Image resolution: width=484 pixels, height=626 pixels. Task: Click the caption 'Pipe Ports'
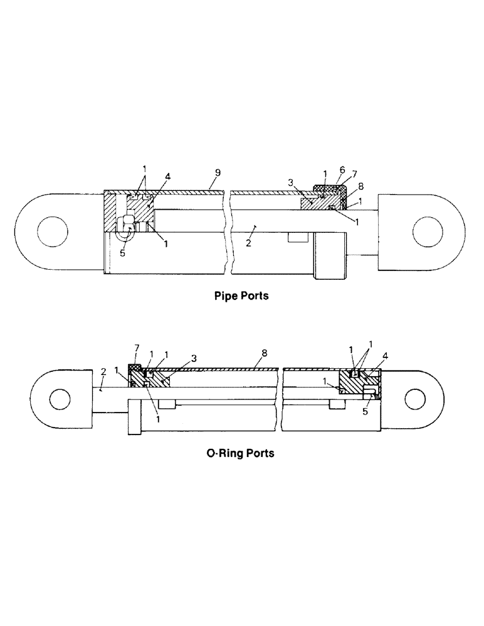241,295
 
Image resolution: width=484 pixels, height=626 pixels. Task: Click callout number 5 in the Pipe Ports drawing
124,253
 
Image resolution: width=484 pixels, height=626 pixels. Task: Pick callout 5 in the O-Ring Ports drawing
366,413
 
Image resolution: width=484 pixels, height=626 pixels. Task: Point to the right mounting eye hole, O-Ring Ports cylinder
416,398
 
